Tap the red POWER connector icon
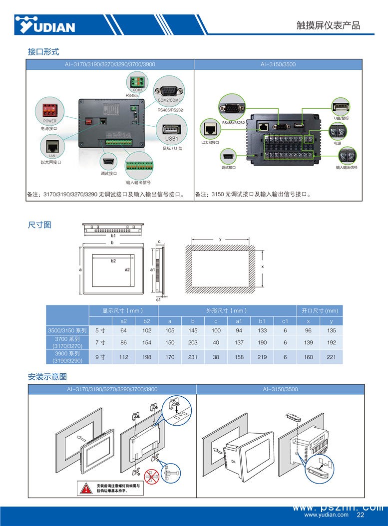tap(50, 108)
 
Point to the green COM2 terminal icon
tap(137, 81)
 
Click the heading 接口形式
tap(43, 51)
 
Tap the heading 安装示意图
tap(47, 376)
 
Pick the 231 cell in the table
tap(193, 357)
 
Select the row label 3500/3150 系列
tap(67, 330)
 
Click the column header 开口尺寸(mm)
tap(320, 310)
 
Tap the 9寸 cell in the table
tap(100, 357)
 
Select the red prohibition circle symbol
tap(153, 476)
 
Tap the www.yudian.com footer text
tap(327, 515)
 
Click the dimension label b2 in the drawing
tap(113, 261)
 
